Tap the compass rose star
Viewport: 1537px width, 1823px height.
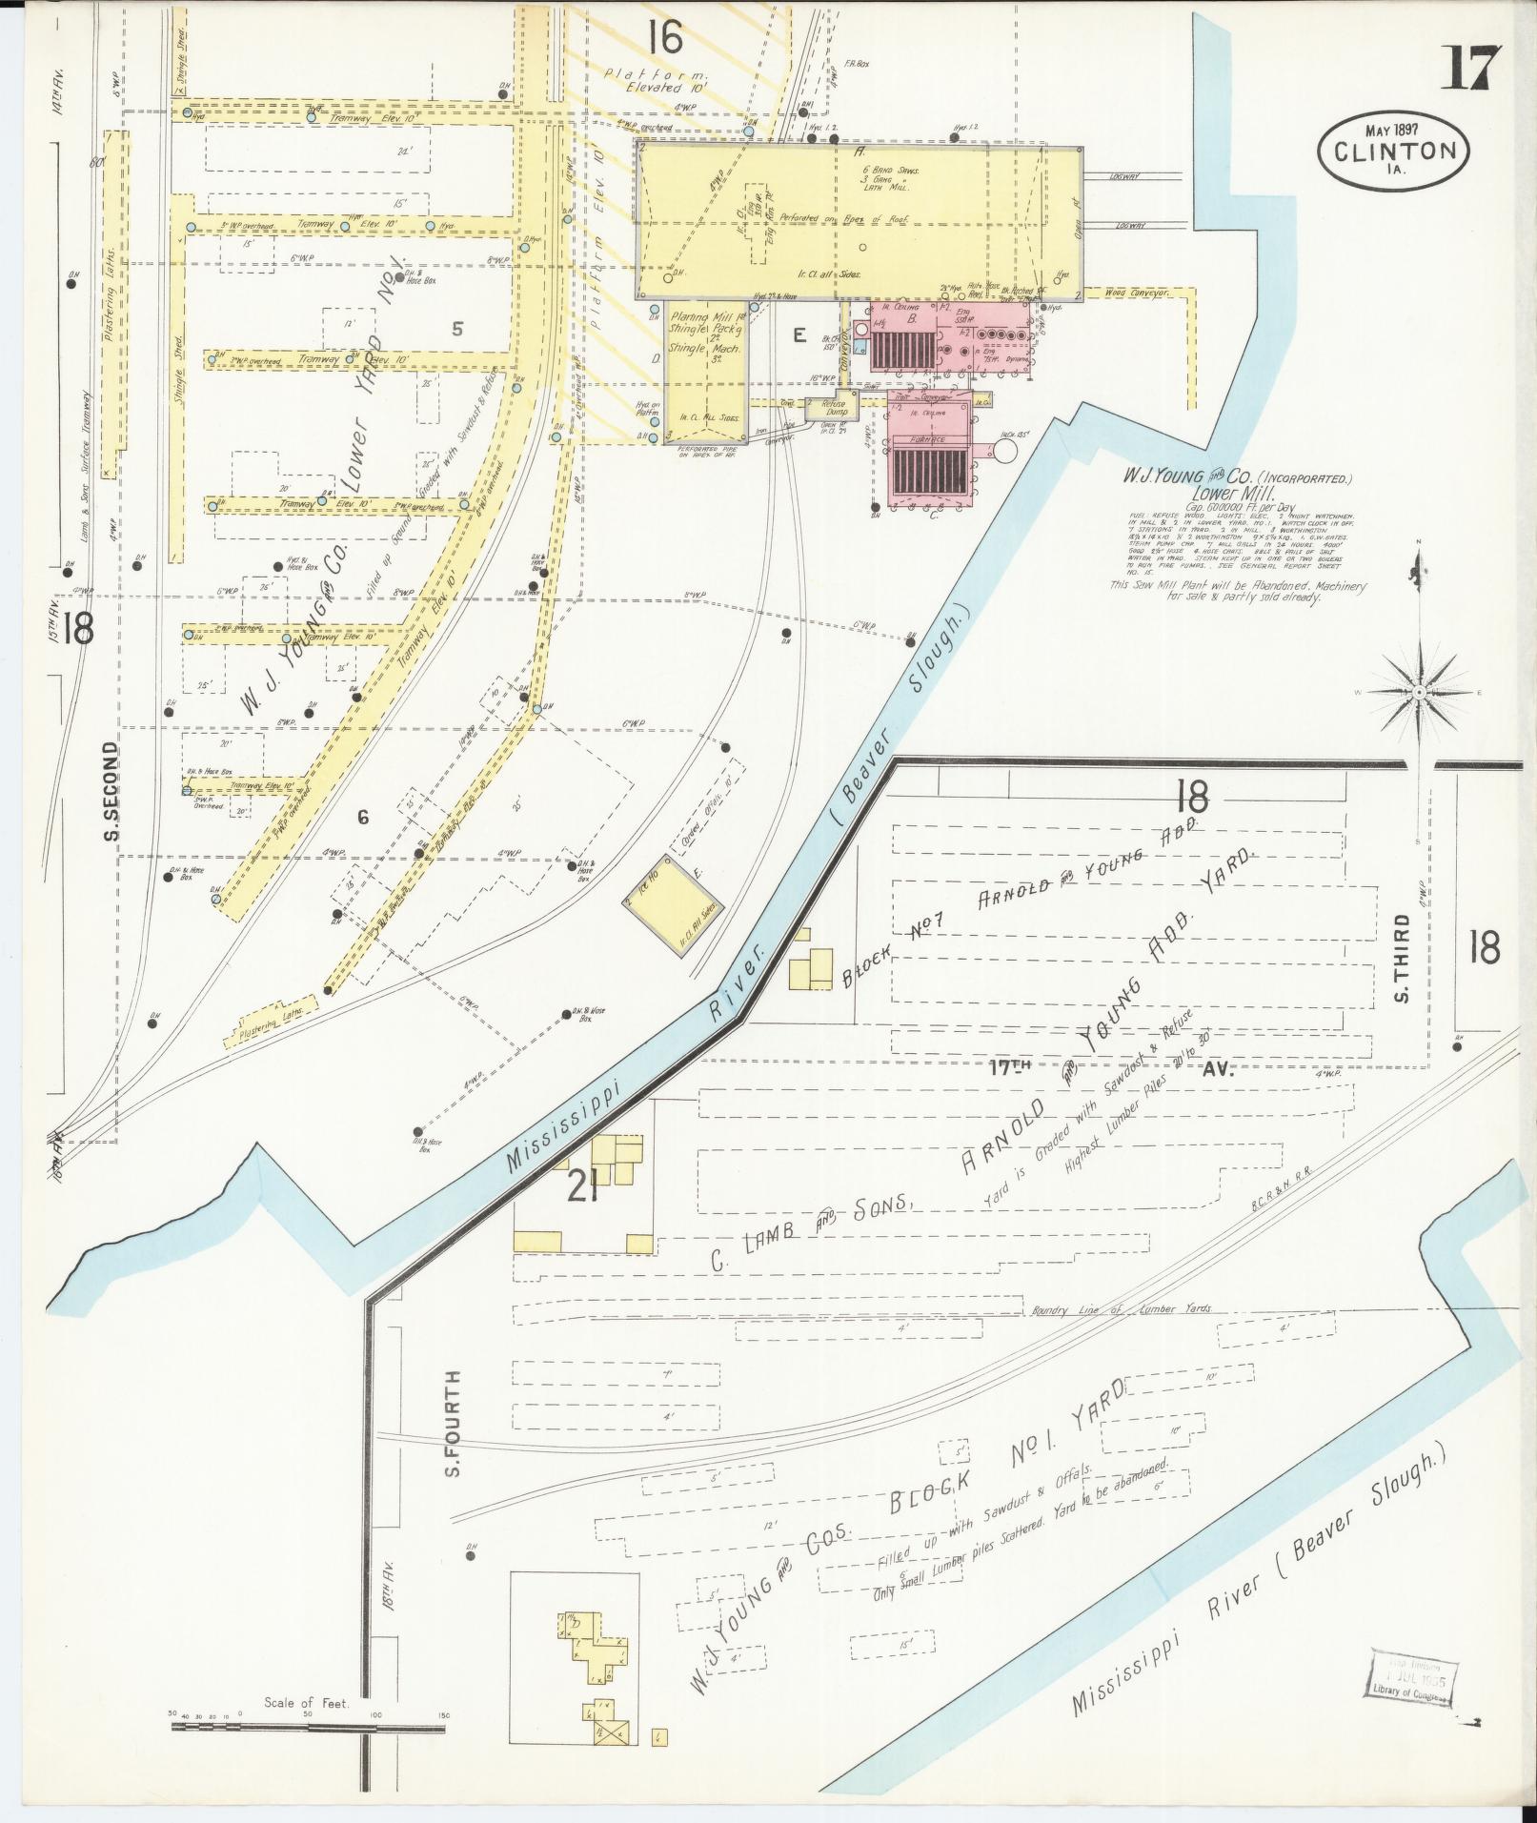point(1419,691)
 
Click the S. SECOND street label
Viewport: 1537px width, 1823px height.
point(111,792)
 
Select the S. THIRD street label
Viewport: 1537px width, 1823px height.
point(1401,958)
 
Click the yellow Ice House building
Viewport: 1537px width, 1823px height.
point(673,901)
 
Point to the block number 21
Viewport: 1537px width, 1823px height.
point(581,1187)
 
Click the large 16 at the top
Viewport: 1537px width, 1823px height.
point(663,39)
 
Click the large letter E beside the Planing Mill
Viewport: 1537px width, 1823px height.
point(799,334)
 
